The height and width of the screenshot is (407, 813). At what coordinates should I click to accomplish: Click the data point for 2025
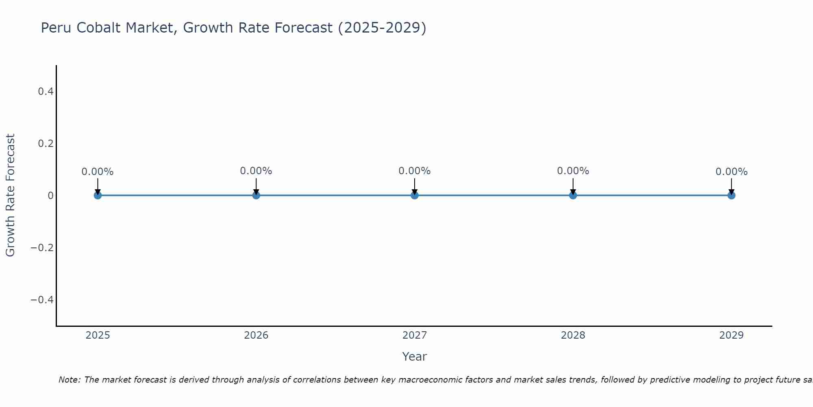(98, 195)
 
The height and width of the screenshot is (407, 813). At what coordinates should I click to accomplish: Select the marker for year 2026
(256, 195)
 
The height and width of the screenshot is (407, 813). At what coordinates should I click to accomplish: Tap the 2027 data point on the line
(415, 195)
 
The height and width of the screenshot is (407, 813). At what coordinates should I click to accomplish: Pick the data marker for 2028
(573, 195)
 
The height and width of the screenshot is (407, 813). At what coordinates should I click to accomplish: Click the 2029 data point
(731, 195)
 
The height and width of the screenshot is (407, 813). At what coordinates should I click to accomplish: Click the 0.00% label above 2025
(98, 172)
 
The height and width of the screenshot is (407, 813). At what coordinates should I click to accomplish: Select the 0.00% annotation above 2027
(415, 171)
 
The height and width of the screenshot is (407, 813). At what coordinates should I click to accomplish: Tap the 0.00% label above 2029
(731, 172)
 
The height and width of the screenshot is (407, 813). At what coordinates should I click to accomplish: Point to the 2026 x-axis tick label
(256, 335)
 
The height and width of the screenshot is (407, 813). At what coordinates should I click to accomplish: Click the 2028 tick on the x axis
(573, 335)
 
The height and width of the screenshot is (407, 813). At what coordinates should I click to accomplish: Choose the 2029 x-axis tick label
(731, 335)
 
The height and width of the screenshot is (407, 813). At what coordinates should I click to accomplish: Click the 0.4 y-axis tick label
(46, 92)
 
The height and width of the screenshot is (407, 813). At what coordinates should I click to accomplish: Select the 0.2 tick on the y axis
(46, 144)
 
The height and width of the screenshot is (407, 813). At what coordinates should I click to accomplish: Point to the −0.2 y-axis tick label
(42, 248)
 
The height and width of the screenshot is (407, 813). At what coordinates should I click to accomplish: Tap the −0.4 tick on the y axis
(42, 300)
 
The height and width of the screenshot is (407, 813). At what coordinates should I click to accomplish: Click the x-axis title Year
(414, 357)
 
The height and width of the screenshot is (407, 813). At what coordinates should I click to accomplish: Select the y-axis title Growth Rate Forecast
(10, 195)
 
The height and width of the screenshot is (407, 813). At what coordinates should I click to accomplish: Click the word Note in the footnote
(69, 380)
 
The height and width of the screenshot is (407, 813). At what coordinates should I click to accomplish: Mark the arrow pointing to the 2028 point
(573, 186)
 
